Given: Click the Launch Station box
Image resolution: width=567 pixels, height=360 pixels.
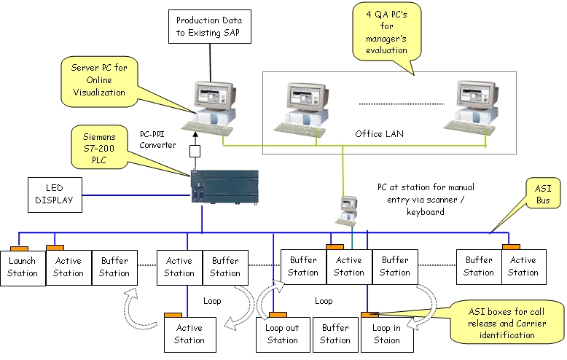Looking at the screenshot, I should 23,267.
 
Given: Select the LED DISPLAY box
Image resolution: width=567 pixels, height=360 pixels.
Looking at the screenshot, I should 55,195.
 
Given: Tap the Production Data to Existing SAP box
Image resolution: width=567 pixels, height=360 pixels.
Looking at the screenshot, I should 209,28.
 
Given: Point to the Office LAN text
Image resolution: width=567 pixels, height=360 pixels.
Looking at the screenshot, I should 379,134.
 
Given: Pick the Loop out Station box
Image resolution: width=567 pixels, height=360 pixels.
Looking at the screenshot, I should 282,334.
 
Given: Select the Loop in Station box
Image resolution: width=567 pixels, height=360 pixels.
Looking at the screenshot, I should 387,334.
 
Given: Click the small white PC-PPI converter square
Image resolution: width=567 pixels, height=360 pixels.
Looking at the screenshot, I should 195,152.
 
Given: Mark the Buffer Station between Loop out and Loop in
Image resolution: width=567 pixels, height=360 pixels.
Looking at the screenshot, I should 335,334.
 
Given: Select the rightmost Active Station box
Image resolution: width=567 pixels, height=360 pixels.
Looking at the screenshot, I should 523,267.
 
